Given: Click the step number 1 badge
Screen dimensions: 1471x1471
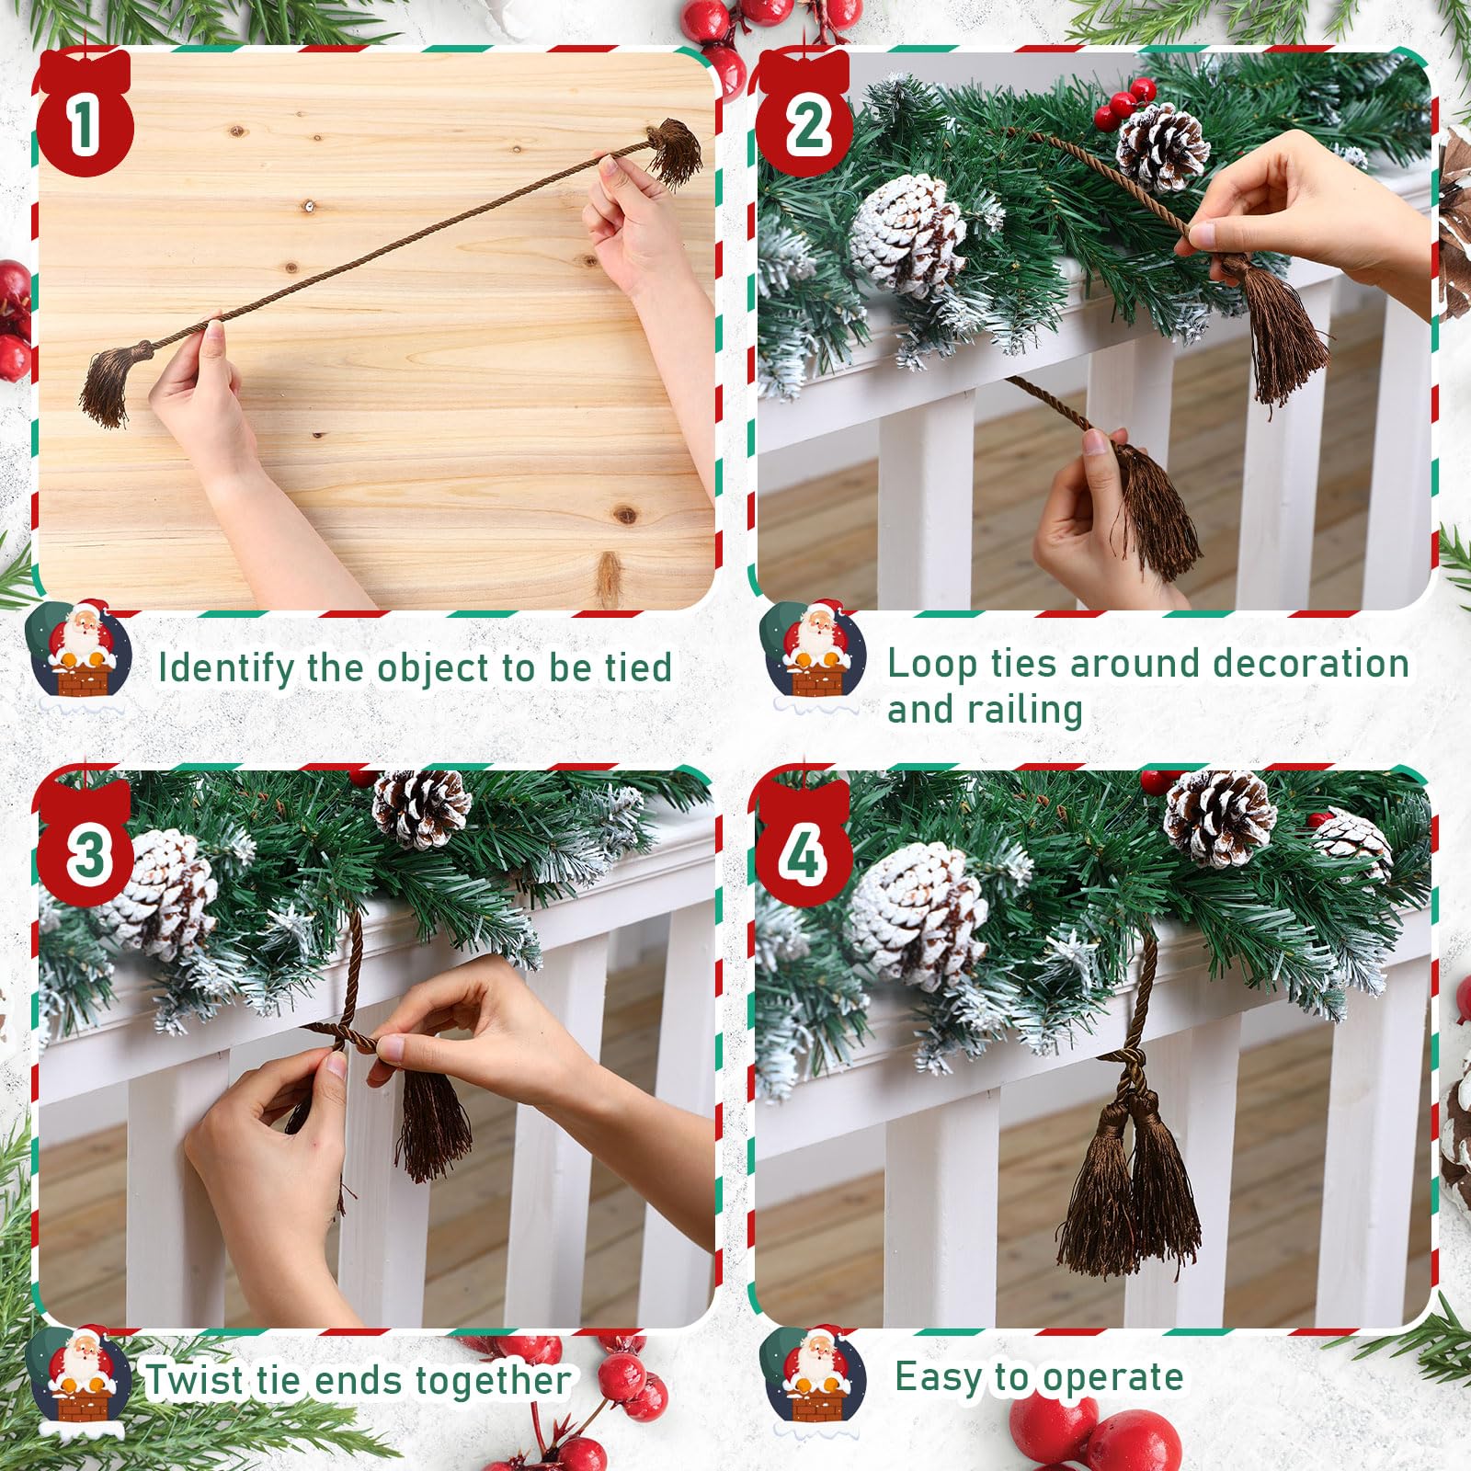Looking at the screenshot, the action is [85, 115].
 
